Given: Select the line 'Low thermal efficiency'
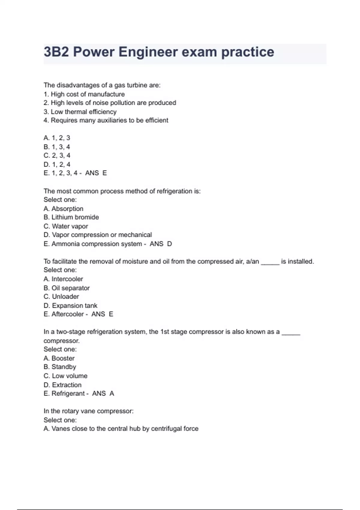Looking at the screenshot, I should [x=83, y=112].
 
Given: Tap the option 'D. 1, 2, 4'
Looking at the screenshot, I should [x=57, y=164].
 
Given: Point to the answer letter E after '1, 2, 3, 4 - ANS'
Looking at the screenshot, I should [x=104, y=173].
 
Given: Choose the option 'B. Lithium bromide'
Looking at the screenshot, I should [x=71, y=217].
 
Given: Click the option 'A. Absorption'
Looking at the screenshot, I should [x=63, y=208].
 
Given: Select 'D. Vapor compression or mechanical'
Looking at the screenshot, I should [x=97, y=235].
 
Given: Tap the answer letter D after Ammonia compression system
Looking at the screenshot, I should [x=169, y=244].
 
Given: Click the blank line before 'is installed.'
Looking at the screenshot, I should [x=270, y=262].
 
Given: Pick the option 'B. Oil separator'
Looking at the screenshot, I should [x=67, y=288].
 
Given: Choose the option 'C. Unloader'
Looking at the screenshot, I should [x=61, y=297].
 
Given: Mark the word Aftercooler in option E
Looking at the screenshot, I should [x=67, y=314].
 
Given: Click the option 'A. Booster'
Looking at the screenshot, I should [x=59, y=358].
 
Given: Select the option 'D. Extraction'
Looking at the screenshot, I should [x=62, y=385].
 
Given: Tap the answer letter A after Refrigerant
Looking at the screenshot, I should [x=112, y=394].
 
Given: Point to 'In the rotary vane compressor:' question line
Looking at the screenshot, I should [x=88, y=411].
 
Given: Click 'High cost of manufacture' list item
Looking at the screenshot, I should [x=88, y=94].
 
